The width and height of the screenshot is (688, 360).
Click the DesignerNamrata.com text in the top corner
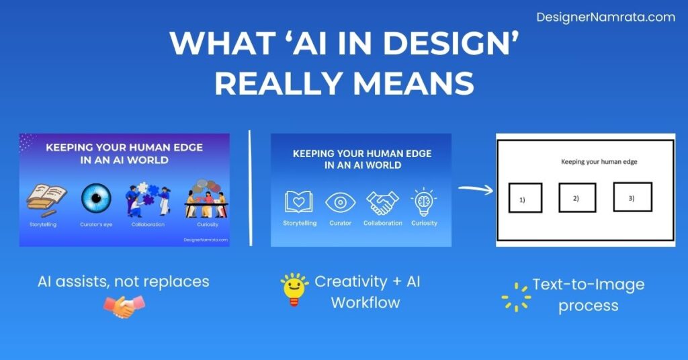(x=605, y=17)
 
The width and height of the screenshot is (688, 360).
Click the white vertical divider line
(x=251, y=189)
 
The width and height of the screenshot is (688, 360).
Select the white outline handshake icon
(x=382, y=202)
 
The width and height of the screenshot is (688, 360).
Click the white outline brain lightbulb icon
(x=424, y=201)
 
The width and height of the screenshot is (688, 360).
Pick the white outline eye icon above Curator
(x=340, y=201)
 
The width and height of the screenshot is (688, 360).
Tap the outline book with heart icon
(x=299, y=201)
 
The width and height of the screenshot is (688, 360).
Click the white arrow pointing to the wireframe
(x=475, y=188)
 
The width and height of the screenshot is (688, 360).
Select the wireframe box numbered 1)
(x=524, y=198)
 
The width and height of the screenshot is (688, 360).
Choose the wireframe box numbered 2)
(x=578, y=197)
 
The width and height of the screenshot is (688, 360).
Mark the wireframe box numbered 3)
(x=632, y=197)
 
